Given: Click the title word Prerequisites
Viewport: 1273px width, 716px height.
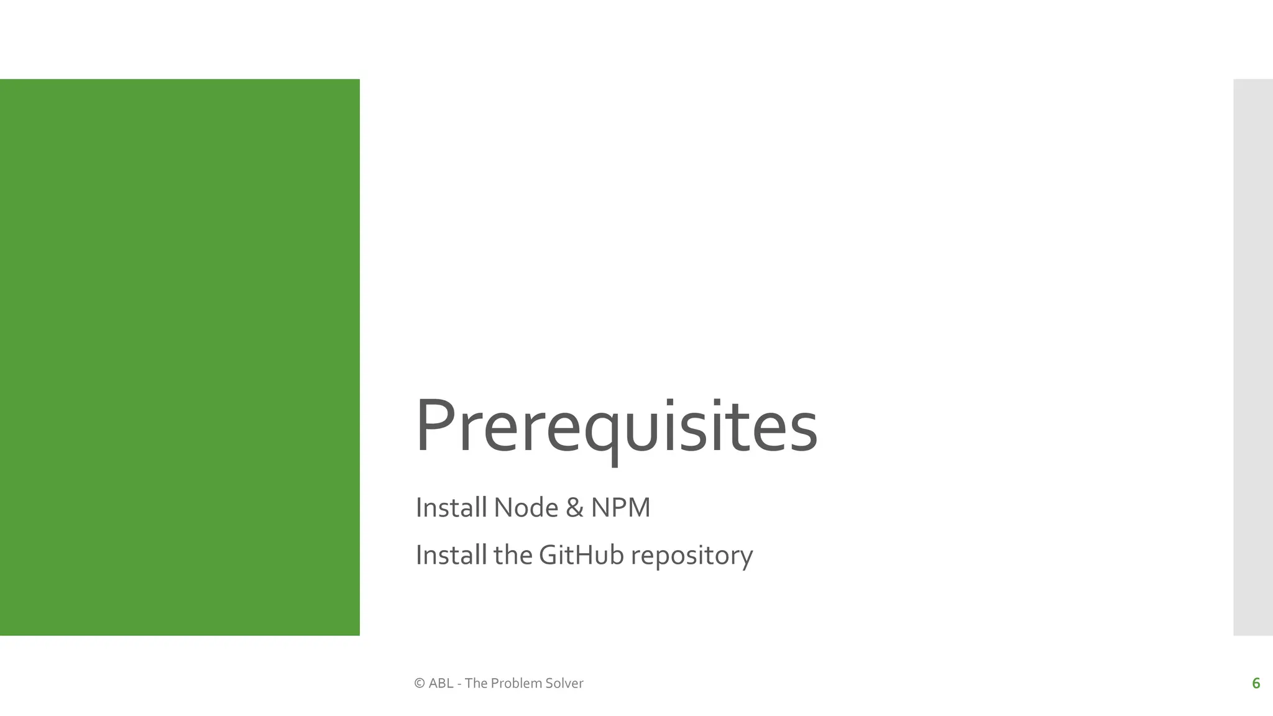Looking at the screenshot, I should click(x=616, y=428).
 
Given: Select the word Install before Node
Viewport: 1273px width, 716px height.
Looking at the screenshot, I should click(x=451, y=507).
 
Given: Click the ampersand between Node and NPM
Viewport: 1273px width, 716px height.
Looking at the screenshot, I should click(x=574, y=508).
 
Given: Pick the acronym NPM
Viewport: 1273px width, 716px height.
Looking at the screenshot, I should click(x=620, y=507).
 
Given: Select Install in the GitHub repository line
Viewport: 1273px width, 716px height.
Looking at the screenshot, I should click(x=451, y=555).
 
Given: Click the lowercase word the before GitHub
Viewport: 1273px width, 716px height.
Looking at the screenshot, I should click(x=513, y=555).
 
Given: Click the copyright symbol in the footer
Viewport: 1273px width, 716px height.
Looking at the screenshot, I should click(x=420, y=683).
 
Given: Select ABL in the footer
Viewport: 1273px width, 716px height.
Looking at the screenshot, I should click(x=441, y=683).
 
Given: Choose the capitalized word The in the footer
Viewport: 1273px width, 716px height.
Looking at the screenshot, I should click(x=476, y=683).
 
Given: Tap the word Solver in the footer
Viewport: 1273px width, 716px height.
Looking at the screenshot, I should click(x=564, y=683).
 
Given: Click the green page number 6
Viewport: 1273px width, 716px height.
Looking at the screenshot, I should click(x=1256, y=683).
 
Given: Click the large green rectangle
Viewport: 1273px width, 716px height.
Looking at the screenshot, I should click(x=180, y=357).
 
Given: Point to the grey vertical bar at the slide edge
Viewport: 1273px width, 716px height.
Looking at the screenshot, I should click(x=1252, y=357).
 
